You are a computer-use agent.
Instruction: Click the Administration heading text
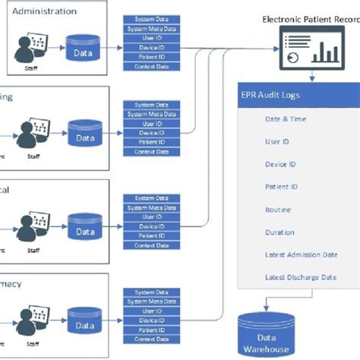click(44, 11)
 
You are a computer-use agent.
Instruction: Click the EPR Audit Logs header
click(270, 96)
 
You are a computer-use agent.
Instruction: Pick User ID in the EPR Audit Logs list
click(277, 141)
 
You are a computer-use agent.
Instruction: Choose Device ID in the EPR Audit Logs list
click(280, 164)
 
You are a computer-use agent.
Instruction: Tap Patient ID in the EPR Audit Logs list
click(280, 187)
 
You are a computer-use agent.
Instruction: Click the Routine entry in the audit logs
click(278, 210)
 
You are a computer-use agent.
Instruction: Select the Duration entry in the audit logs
click(279, 232)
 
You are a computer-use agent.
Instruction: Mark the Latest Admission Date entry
click(300, 255)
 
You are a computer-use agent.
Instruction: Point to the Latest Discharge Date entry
click(300, 277)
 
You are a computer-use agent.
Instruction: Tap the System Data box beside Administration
click(153, 19)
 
